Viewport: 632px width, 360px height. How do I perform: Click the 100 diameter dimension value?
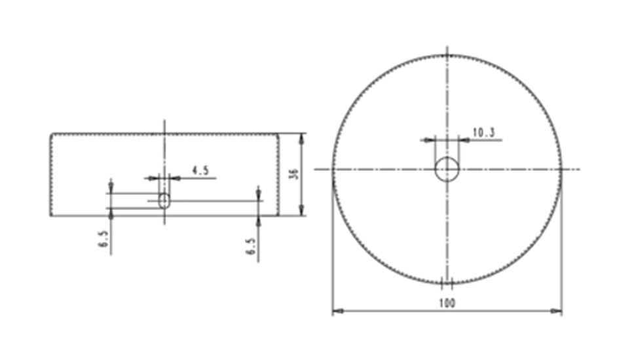click(x=447, y=303)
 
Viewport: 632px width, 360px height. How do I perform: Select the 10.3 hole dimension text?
click(x=483, y=132)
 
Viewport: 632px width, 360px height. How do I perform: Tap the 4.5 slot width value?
click(x=200, y=171)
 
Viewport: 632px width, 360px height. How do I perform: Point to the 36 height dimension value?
click(x=295, y=174)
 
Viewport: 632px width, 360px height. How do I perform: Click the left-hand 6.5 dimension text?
click(x=103, y=239)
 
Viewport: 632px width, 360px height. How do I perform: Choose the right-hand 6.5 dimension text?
click(x=251, y=247)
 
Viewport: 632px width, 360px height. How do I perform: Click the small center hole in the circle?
click(x=447, y=169)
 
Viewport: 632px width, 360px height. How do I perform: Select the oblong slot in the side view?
click(x=164, y=200)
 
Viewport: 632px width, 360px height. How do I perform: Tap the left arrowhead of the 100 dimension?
click(x=338, y=311)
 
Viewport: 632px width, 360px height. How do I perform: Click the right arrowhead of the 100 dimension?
click(x=556, y=311)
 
